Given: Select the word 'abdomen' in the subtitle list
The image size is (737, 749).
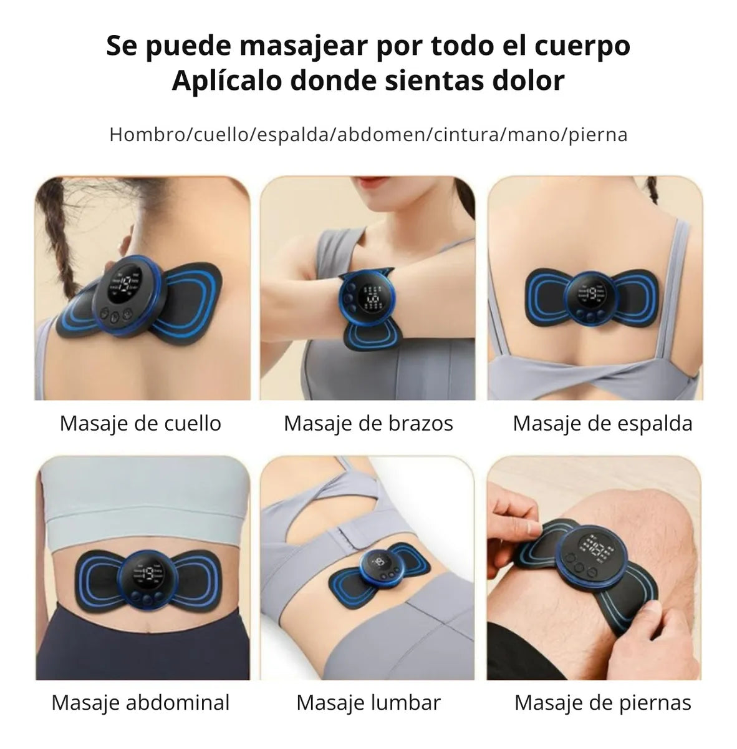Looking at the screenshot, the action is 381,135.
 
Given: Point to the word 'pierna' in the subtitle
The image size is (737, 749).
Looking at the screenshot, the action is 599,135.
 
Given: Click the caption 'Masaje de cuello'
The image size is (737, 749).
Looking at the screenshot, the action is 140,423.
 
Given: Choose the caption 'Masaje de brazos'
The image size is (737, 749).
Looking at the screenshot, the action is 368,423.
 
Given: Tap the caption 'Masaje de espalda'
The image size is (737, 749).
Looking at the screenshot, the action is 603,423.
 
